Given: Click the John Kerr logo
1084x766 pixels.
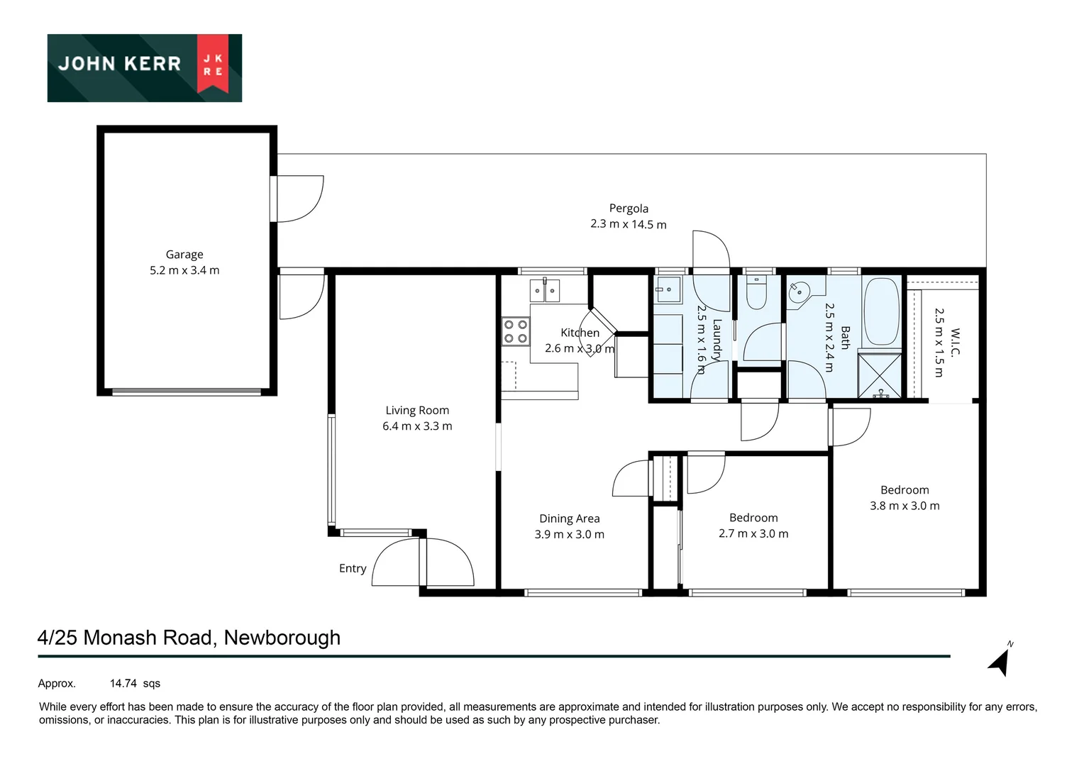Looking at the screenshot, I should coord(144,67).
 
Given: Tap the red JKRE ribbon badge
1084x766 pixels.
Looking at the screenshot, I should coord(213,64).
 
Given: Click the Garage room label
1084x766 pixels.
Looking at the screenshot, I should coord(184,255).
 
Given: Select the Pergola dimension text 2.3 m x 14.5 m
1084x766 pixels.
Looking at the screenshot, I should coord(628,224).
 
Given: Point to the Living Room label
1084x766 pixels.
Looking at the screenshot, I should coord(417,410).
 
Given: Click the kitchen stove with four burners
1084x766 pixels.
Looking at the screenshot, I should coord(516,331).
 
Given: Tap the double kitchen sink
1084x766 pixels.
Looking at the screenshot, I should coord(545,291).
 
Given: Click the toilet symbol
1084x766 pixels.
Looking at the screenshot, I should coord(757,293).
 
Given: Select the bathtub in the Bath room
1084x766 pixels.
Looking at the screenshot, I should coord(881,311).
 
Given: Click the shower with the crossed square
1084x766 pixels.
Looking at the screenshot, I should coord(880,374).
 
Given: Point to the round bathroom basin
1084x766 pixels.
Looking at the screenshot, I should coord(800,291).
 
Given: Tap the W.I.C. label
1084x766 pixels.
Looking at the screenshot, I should coord(954,342).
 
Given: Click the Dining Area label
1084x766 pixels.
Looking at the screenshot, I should coord(569,518).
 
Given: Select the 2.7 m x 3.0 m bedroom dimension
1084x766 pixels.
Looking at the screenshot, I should coord(753,533).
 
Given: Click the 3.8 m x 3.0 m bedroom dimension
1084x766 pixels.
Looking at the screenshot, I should coord(905,506).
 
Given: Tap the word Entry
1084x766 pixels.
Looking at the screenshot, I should coord(353,568).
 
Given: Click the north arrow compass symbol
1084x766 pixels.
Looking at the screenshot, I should coord(1000,660).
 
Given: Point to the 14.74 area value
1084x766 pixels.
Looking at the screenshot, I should coord(123,684).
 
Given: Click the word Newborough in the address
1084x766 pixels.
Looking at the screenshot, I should coord(282,638).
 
